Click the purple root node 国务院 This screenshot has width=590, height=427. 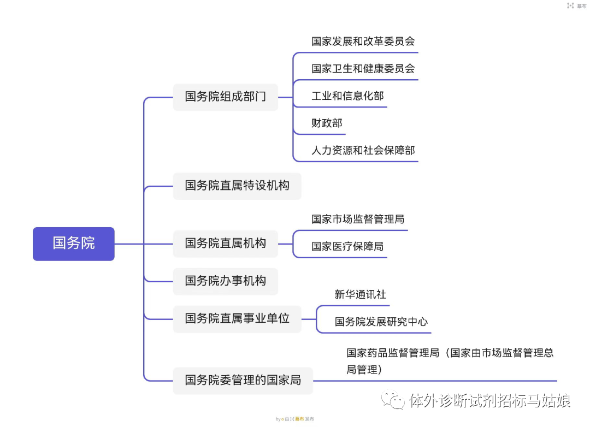tap(74, 244)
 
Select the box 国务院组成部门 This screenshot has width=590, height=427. tap(225, 97)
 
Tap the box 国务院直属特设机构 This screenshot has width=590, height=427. tap(237, 186)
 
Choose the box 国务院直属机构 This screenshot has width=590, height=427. tap(225, 244)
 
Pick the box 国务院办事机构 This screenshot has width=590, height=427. tap(225, 281)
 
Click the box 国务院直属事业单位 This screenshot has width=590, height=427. tap(237, 318)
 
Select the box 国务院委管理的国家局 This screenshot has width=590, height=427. tap(243, 381)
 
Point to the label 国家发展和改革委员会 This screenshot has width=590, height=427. tap(363, 41)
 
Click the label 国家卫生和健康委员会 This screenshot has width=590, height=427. tap(363, 69)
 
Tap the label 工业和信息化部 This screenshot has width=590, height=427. tap(347, 96)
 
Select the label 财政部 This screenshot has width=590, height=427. tap(327, 123)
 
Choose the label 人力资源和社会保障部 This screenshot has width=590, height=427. tap(363, 150)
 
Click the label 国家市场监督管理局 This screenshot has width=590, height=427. tap(358, 220)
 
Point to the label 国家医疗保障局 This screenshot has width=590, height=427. tap(347, 247)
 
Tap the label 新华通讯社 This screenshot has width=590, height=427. tap(360, 295)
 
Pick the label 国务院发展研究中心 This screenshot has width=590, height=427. tap(381, 322)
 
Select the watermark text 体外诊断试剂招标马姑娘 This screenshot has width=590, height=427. tap(489, 401)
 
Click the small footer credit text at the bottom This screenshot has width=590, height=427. tap(295, 419)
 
